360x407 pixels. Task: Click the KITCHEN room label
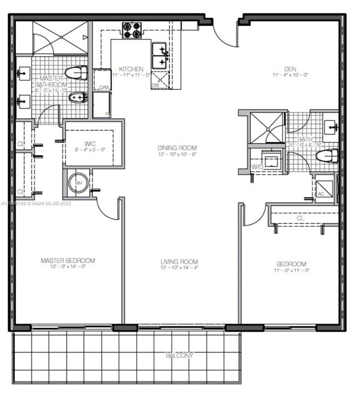(x=131, y=69)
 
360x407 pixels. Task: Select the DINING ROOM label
(x=177, y=148)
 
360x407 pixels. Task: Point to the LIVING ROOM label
(x=179, y=262)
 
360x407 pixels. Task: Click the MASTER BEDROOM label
(x=68, y=261)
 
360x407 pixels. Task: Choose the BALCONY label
(x=180, y=355)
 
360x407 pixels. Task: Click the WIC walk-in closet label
(x=90, y=144)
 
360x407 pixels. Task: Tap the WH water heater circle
(x=78, y=182)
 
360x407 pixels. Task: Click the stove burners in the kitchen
(x=132, y=30)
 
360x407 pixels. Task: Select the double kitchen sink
(x=160, y=55)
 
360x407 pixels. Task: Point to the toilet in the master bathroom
(x=76, y=73)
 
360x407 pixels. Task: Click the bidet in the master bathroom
(x=78, y=98)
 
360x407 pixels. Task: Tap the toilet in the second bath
(x=327, y=156)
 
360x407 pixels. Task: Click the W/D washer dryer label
(x=257, y=166)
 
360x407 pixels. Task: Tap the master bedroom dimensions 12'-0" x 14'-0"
(x=68, y=267)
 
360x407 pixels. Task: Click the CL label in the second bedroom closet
(x=301, y=218)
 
